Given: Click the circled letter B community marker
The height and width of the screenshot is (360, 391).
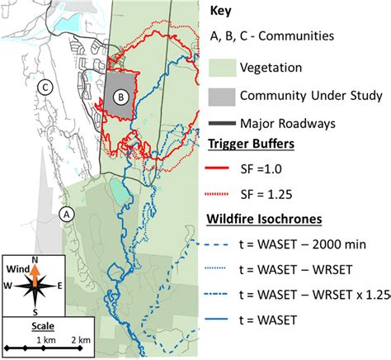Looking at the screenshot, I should coord(122,97).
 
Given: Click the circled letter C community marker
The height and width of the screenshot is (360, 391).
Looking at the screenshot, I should coord(46,85).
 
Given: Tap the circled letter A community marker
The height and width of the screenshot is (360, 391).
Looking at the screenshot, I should coord(68,212).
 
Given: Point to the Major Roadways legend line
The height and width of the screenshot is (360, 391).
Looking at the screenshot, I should coord(218,124).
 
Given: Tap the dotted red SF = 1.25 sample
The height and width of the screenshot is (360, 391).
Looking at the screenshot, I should coord(219,196).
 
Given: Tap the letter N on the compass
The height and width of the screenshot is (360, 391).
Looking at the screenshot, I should coord(35,259).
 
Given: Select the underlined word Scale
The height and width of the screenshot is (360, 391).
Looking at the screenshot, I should coord(35,325).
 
